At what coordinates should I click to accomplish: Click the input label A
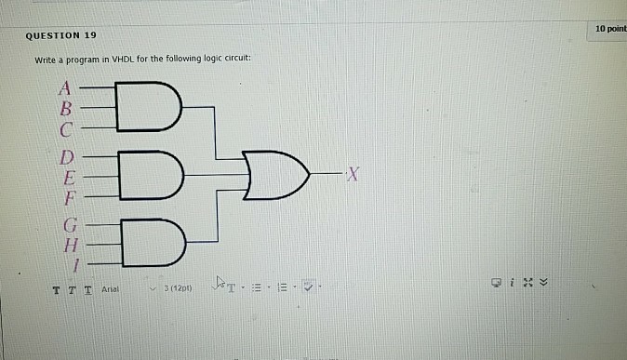(65, 90)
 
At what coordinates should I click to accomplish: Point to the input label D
(66, 156)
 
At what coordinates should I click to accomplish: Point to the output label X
(351, 174)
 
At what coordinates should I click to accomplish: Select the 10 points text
(611, 29)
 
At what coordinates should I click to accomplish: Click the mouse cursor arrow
(220, 282)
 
